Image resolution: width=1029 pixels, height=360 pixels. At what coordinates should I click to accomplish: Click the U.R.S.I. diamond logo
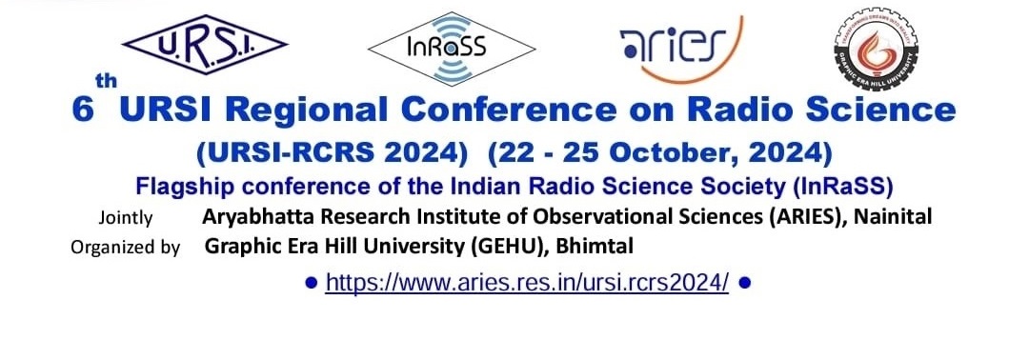tap(205, 44)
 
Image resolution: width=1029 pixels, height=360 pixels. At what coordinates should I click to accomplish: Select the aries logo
tap(673, 44)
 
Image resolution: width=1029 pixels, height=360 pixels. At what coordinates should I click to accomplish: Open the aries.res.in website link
tap(527, 283)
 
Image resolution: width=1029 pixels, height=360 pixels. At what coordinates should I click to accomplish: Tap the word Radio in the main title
tap(746, 110)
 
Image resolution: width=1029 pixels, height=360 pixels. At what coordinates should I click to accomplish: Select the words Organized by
tap(125, 248)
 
